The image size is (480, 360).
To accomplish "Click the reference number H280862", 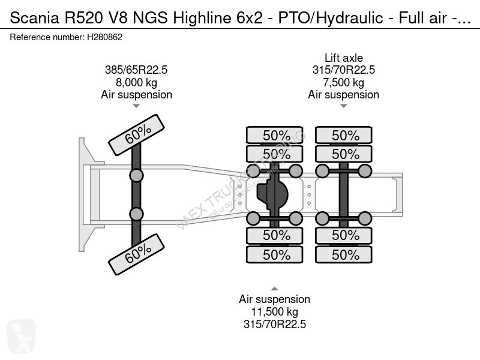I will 106,37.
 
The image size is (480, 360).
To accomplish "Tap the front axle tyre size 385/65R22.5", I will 136,70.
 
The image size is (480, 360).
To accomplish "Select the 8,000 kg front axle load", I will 136,83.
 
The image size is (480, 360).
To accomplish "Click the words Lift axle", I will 344,58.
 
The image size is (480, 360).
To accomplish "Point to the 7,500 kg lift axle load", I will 344,83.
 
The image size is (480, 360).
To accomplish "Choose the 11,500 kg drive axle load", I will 275,312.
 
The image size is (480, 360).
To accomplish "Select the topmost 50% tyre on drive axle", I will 276,136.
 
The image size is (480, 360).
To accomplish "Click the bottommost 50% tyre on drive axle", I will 276,255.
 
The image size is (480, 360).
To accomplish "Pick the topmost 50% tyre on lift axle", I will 345,136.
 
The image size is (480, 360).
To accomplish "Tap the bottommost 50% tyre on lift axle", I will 345,255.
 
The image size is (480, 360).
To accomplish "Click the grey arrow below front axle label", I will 136,106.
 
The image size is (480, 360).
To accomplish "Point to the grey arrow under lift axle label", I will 344,106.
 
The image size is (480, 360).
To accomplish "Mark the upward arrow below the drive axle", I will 275,287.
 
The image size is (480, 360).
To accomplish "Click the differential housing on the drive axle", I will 274,194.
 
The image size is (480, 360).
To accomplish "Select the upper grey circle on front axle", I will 136,175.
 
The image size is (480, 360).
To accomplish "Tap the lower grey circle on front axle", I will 136,214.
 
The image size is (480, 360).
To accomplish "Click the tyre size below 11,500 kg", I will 275,325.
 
